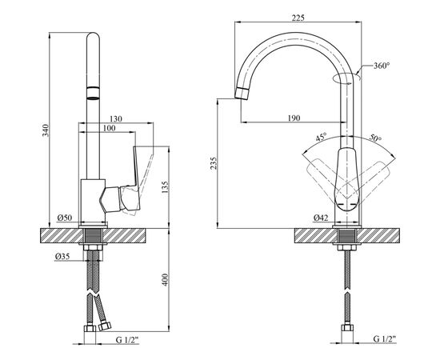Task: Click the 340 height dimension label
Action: [x=46, y=130]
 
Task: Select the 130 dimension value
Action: [x=116, y=119]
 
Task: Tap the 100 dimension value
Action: [x=109, y=128]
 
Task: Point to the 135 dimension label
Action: [x=165, y=187]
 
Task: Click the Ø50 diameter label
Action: [x=65, y=218]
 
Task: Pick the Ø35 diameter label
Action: [x=62, y=256]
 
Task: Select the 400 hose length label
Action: [x=165, y=280]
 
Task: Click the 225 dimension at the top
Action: [x=298, y=18]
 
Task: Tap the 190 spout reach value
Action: [x=294, y=118]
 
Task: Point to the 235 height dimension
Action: [x=214, y=162]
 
